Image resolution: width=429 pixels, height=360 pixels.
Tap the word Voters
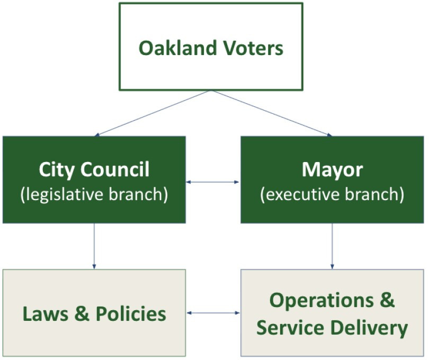253,48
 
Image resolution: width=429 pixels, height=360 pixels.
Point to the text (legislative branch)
94,194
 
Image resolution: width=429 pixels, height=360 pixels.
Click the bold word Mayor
332,170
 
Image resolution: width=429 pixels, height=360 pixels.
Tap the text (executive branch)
332,194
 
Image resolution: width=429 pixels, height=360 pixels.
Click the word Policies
131,314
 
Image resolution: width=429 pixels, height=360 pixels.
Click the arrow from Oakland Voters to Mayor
272,113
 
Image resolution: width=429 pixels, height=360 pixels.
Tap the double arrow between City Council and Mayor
213,182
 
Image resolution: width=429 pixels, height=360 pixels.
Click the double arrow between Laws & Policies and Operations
213,313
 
